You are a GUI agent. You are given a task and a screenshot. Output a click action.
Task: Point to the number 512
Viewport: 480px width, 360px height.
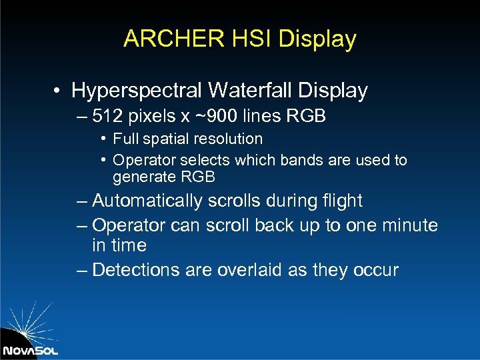pyautogui.click(x=107, y=117)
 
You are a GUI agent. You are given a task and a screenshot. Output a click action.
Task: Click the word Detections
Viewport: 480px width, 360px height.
pyautogui.click(x=136, y=270)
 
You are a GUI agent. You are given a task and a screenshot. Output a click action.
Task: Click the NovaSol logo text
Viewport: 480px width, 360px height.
pyautogui.click(x=29, y=349)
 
